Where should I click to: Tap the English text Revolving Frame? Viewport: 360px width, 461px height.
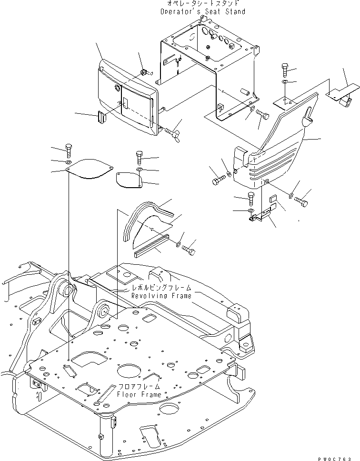162,296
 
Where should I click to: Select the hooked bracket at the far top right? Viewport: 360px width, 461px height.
344,94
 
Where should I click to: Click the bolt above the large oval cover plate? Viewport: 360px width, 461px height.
68,150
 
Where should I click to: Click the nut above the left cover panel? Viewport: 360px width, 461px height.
143,72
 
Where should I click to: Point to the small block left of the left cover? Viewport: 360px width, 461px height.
101,117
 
